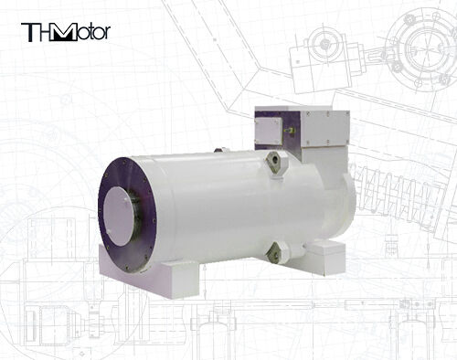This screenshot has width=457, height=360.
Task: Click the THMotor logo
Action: coord(65,33)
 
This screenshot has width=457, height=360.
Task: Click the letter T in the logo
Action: coord(28,33)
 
